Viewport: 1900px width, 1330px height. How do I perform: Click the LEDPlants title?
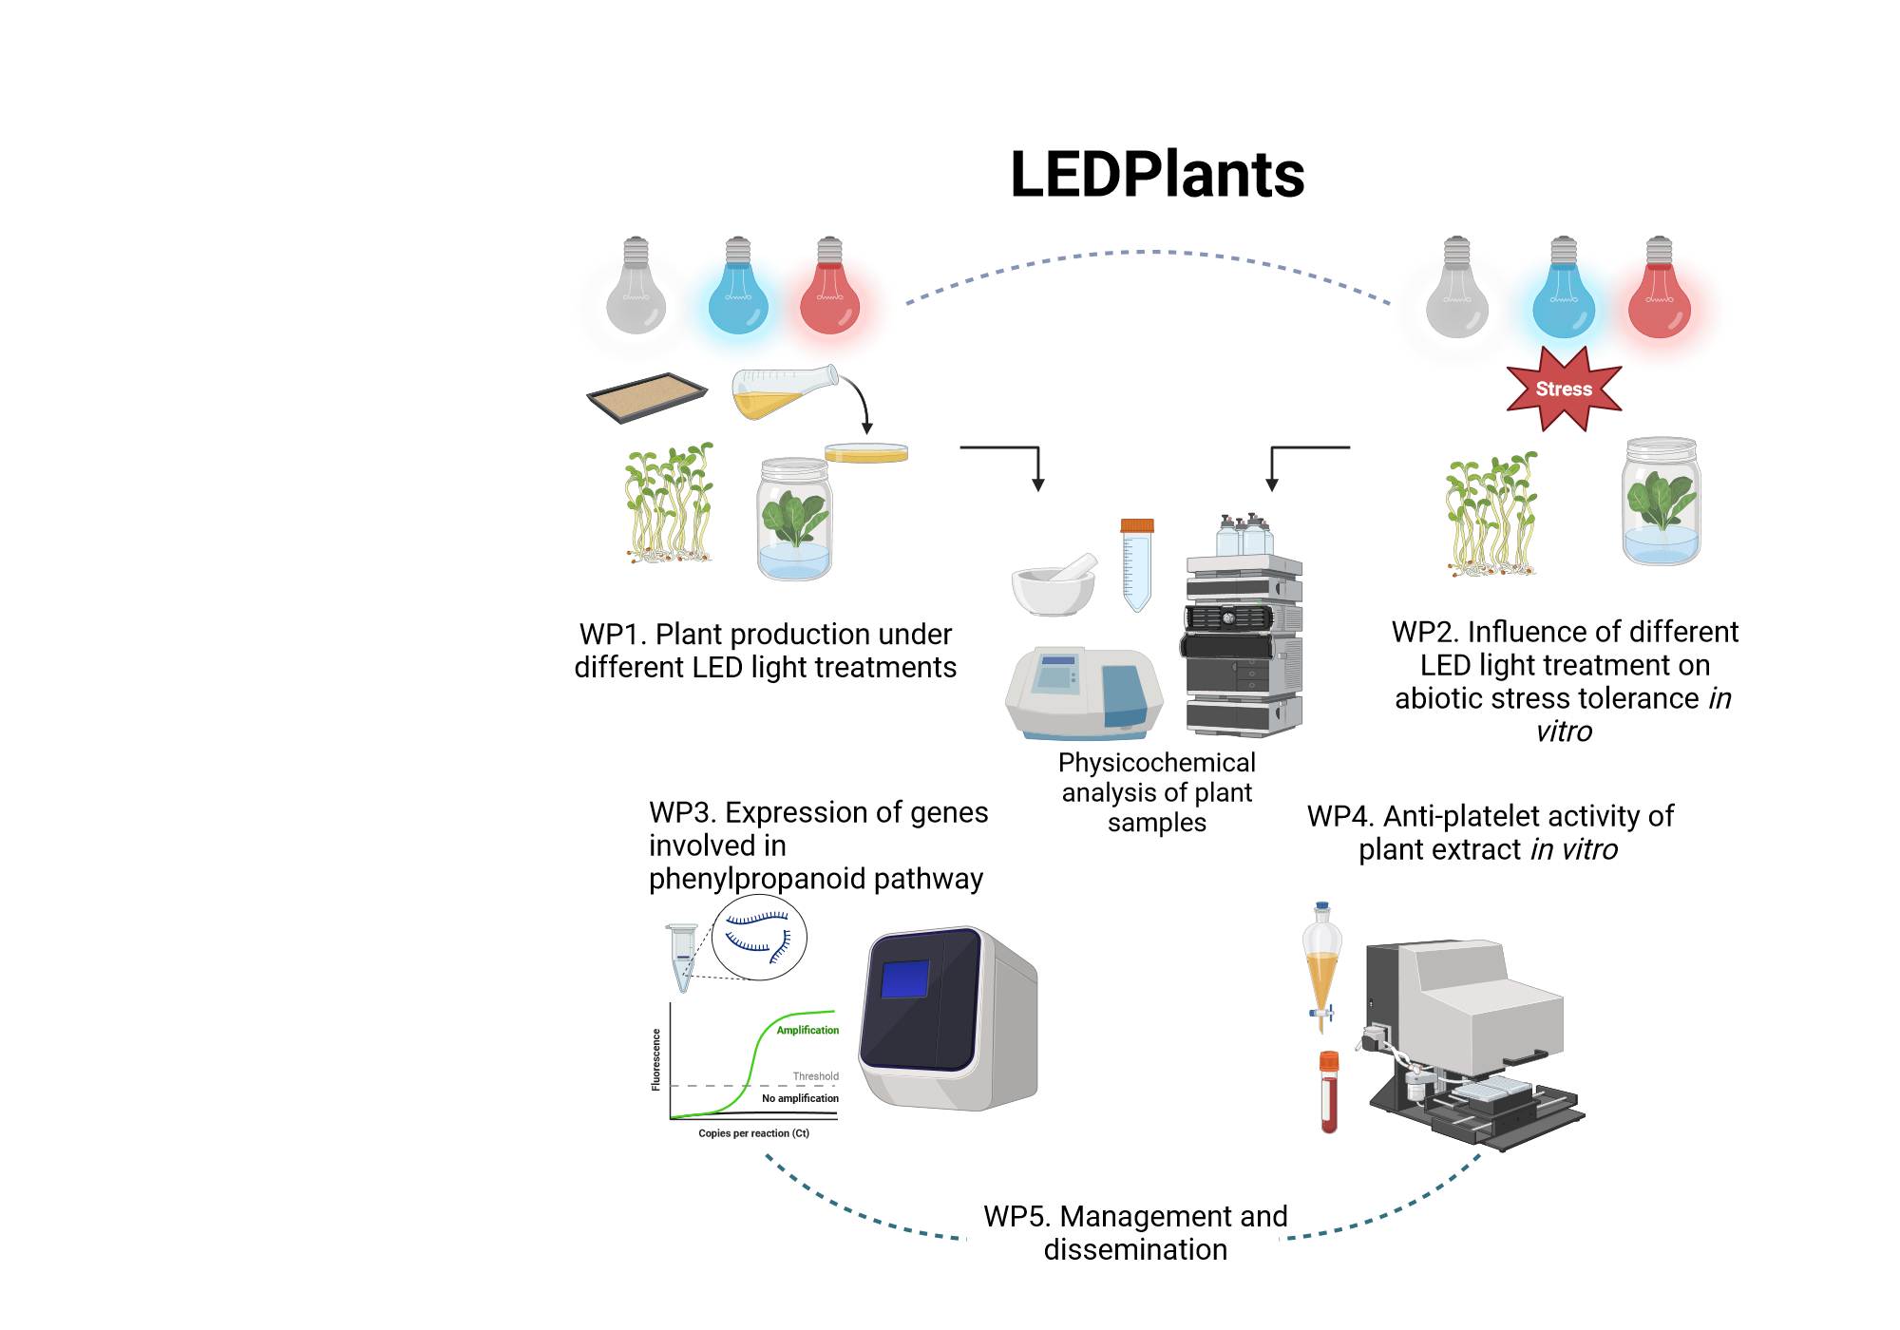click(x=1156, y=175)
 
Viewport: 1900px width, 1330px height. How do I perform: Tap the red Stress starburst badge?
click(x=1564, y=389)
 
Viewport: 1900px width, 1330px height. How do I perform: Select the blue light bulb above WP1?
click(x=738, y=289)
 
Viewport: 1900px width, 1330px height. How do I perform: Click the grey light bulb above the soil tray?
click(x=636, y=289)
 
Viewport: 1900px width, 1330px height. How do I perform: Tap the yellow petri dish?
click(x=865, y=453)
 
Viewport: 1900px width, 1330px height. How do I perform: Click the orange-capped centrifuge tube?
click(x=1136, y=564)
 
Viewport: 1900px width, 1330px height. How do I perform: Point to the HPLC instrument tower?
click(x=1243, y=636)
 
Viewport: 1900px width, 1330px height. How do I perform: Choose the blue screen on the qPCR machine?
click(x=904, y=979)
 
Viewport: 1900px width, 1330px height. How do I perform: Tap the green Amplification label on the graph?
click(x=807, y=1030)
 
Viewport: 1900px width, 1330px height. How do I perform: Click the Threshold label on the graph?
click(x=815, y=1076)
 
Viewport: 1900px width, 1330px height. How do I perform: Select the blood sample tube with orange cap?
click(x=1329, y=1092)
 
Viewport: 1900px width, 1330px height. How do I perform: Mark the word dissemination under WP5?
click(x=1135, y=1250)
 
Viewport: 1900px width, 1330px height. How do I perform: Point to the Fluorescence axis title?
click(x=655, y=1059)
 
